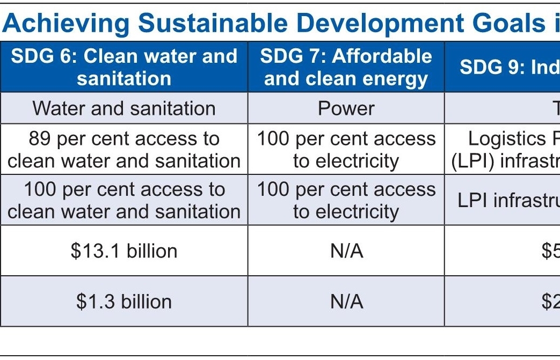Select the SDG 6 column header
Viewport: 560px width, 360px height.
pos(124,67)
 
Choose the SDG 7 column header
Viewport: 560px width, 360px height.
pos(346,67)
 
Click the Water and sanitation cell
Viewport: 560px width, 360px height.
pos(124,108)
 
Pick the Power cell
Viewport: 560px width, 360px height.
pos(346,108)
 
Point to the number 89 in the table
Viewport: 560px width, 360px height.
pos(40,139)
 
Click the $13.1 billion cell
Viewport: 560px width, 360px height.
pos(124,251)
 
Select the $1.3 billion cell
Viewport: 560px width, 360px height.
pos(124,301)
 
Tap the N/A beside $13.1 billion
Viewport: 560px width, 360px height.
pos(346,251)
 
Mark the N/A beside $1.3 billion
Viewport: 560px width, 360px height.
pos(346,301)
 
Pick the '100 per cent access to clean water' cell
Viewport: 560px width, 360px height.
pos(124,200)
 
